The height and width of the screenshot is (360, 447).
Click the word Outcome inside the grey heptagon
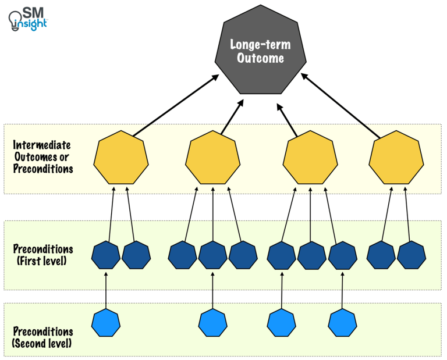pos(257,59)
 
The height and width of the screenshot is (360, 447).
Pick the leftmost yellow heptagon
pos(121,157)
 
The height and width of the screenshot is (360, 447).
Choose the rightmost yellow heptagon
pos(396,157)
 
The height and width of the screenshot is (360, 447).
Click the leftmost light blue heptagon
pos(106,323)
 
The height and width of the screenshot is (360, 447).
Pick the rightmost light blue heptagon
pos(342,323)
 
